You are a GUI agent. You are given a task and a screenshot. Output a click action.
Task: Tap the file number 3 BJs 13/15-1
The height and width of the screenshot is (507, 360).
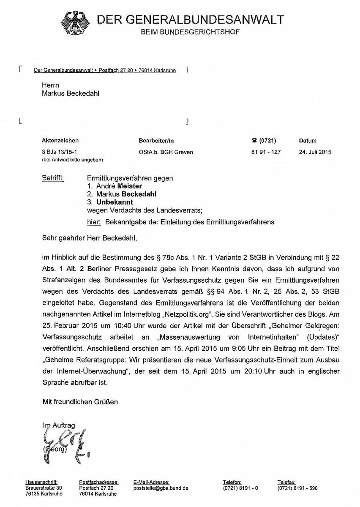59,152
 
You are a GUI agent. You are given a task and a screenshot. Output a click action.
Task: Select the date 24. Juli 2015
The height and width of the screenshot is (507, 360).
315,152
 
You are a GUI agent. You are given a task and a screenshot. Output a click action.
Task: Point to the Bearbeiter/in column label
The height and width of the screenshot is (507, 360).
156,141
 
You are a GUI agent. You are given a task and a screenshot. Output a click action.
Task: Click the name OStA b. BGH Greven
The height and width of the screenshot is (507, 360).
166,152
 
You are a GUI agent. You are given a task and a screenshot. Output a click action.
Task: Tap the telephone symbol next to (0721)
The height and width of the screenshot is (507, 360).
254,141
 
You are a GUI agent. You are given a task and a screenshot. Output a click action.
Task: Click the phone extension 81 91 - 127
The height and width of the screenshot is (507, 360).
266,152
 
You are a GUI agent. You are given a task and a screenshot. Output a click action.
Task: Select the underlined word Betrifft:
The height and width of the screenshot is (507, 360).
53,178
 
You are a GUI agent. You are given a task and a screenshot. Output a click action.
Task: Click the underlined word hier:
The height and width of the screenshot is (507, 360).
93,222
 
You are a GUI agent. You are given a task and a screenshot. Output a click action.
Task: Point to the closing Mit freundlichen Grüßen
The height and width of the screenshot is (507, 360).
80,402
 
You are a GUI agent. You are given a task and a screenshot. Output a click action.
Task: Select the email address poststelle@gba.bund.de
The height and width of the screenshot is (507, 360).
161,488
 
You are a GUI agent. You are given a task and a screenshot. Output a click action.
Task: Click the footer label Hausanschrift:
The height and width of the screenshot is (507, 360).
41,482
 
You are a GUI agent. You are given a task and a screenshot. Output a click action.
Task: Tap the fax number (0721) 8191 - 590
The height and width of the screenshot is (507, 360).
297,488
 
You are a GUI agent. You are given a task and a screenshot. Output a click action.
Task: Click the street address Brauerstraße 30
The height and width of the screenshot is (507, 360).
44,488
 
